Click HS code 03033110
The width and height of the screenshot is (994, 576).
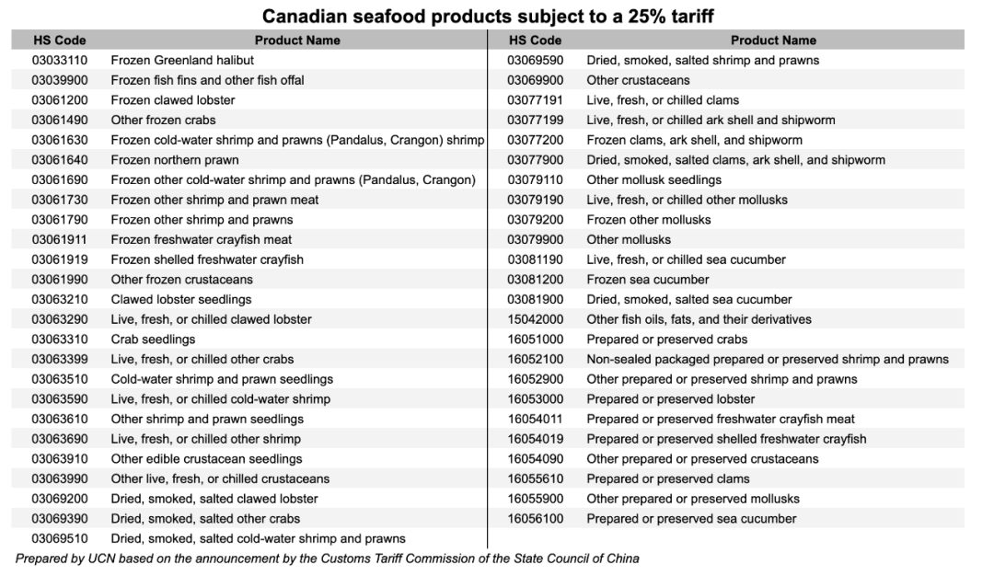pos(59,60)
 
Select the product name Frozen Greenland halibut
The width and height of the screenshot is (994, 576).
pos(182,60)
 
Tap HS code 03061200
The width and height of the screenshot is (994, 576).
pos(59,100)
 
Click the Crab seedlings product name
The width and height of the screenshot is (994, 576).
pos(153,340)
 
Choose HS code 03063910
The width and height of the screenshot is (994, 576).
pos(59,459)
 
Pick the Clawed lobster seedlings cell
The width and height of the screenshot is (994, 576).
pos(181,300)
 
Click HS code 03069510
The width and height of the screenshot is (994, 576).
pos(59,539)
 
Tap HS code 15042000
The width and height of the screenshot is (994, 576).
pos(535,319)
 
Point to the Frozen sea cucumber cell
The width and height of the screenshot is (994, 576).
pos(648,280)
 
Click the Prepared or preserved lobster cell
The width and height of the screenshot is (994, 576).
pos(670,399)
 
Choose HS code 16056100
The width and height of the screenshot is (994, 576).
pos(535,519)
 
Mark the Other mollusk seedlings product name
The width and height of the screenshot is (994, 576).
pos(653,179)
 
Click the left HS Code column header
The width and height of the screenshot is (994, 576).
pos(59,40)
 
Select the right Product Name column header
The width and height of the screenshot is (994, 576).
pos(773,40)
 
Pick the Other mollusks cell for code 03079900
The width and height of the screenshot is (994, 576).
pos(629,240)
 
